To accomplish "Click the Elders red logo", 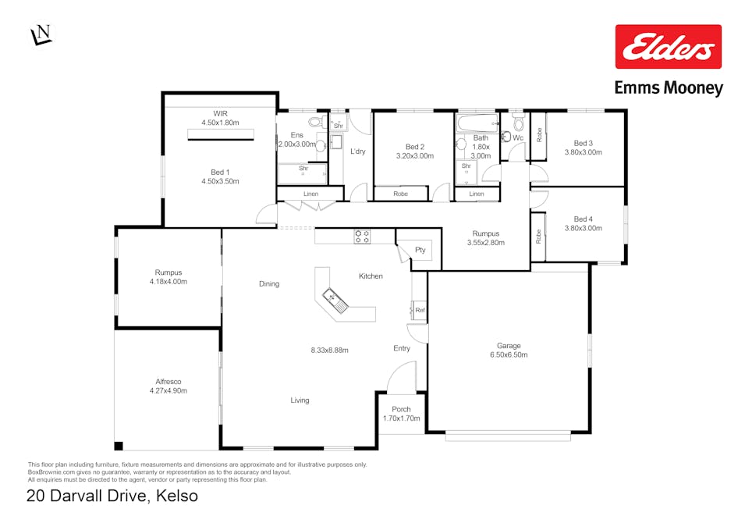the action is click(668, 47).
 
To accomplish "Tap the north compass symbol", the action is click(42, 34).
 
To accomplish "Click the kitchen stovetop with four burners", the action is click(362, 237).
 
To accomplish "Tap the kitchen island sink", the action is click(335, 301).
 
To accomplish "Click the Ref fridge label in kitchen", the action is click(420, 310).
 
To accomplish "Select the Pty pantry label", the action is click(420, 250).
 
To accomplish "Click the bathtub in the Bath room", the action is click(477, 123).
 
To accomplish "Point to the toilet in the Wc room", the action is click(519, 123).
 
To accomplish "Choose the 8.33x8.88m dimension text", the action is click(330, 350).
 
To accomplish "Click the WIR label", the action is click(221, 114).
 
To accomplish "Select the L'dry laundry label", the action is click(358, 151).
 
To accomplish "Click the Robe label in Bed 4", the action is click(538, 237).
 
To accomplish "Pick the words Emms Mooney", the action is click(669, 88).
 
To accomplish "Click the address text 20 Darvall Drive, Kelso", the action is click(112, 496).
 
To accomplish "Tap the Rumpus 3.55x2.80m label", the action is click(485, 238).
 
